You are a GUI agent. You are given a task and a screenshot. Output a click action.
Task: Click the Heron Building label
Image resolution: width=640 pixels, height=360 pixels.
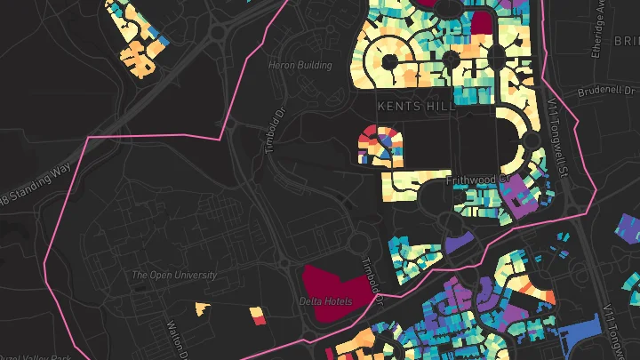(x=300, y=66)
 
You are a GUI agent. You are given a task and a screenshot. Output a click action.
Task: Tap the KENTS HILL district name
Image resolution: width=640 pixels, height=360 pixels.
(x=416, y=105)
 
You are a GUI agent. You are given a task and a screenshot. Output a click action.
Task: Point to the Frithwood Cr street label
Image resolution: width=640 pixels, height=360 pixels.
(x=475, y=180)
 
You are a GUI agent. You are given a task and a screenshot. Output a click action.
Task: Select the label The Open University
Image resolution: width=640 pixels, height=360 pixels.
(x=174, y=276)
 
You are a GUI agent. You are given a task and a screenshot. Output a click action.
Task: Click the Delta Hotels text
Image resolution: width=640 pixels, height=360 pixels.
(x=325, y=302)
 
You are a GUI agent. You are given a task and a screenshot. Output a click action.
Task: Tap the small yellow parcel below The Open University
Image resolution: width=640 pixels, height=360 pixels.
(x=202, y=308)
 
